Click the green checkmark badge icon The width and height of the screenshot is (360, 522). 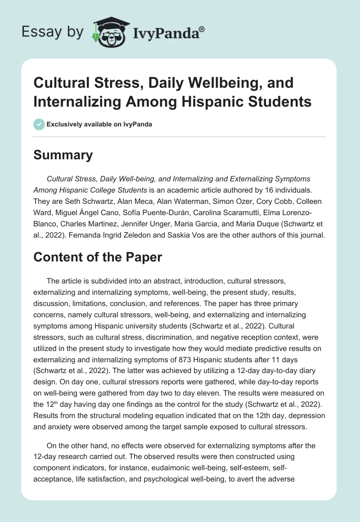(39, 124)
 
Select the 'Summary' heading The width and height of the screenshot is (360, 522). (63, 155)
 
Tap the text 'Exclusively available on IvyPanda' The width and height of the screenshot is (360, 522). (99, 125)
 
